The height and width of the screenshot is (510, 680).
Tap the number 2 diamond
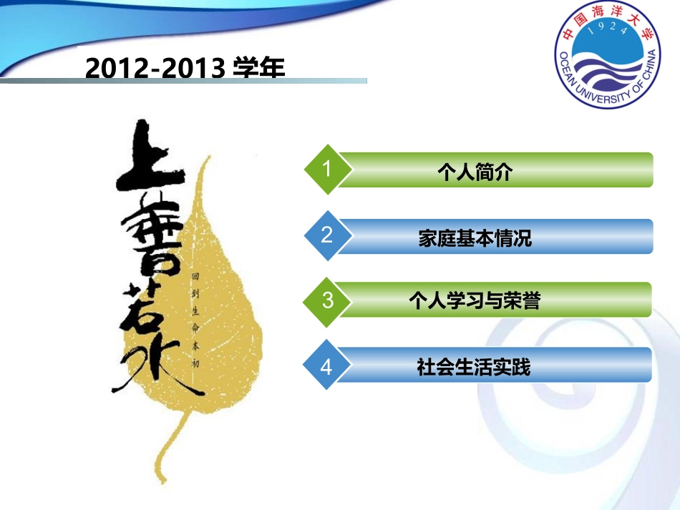point(327,235)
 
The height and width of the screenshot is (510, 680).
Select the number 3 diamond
point(327,300)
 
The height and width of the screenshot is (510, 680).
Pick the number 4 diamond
point(327,366)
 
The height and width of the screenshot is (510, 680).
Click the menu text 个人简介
point(475,172)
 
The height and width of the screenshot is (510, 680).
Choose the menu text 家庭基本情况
point(475,238)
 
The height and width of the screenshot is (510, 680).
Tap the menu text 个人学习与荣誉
point(474,300)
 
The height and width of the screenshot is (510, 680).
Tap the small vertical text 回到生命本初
point(194,319)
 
